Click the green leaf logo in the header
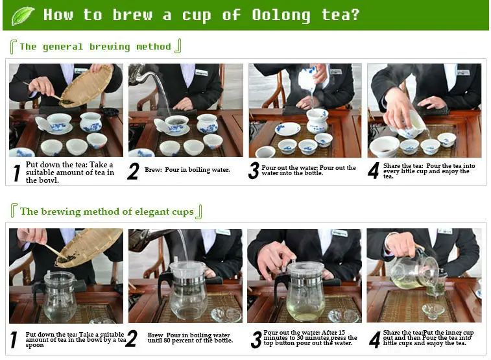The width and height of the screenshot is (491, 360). [23, 16]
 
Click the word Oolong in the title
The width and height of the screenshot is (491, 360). [281, 16]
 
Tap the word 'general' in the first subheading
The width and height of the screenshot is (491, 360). [63, 47]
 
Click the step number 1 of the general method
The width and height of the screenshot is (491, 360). [17, 173]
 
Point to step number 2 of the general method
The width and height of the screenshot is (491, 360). [133, 171]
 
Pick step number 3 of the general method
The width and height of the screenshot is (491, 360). [254, 171]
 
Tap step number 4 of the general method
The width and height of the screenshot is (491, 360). [373, 171]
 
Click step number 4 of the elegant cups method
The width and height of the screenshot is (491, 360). [374, 340]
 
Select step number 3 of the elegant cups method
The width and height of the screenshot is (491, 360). [256, 340]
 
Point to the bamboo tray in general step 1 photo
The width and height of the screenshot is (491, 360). [86, 86]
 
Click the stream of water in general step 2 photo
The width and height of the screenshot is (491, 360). [163, 91]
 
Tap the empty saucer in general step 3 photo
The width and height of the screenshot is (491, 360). [287, 128]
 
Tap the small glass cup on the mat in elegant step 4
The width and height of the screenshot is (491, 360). [433, 311]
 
